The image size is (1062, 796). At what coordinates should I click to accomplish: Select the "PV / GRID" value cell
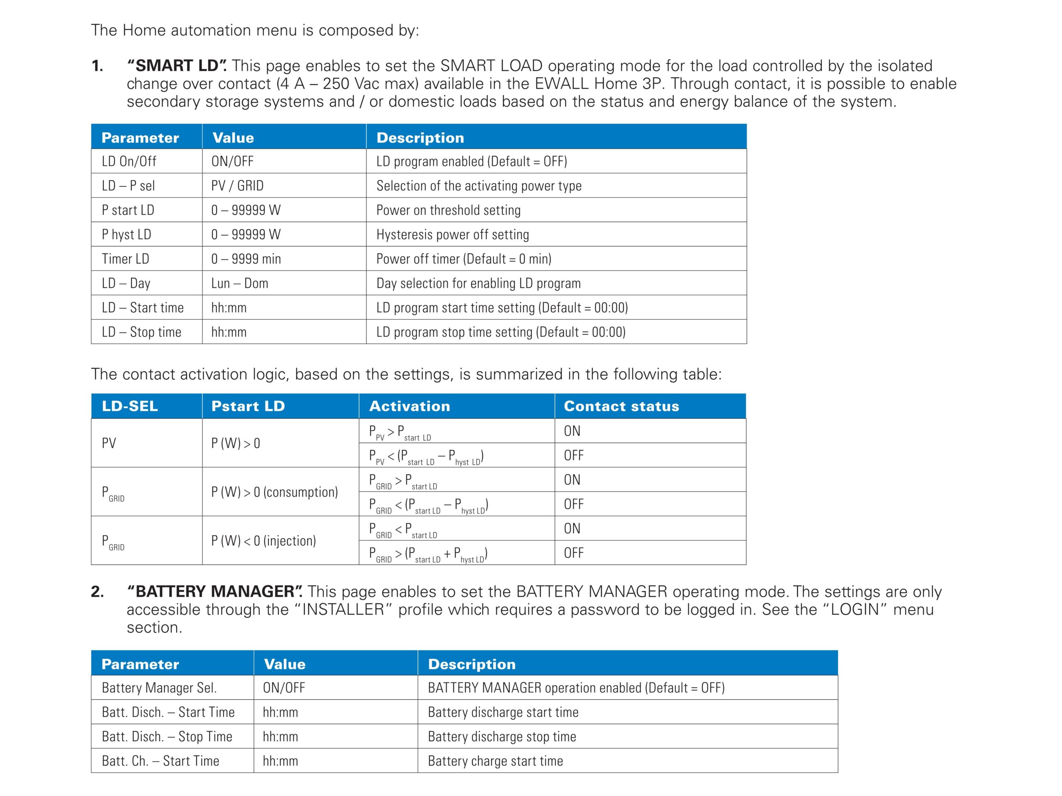[237, 186]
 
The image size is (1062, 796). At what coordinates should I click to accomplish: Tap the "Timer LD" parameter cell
[125, 259]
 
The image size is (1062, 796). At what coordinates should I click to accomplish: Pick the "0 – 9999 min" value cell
[246, 259]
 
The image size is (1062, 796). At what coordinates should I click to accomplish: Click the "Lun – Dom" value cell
[240, 284]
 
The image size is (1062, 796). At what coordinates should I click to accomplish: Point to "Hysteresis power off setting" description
[452, 235]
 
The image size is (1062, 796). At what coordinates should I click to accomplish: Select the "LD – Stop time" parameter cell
[141, 332]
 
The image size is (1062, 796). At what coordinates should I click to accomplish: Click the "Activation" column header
[409, 406]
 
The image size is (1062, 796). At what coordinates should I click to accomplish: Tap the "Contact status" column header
[621, 406]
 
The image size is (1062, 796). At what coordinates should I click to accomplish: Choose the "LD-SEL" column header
[129, 406]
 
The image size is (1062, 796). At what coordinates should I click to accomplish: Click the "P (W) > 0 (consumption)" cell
[275, 492]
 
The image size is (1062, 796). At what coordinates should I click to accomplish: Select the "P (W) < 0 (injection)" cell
[263, 541]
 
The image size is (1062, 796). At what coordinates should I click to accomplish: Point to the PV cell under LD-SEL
[109, 443]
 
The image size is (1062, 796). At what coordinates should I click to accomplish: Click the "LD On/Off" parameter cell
[129, 162]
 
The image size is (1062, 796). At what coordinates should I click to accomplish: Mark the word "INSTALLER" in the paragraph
[343, 610]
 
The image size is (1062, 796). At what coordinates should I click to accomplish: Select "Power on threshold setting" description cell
[448, 210]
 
